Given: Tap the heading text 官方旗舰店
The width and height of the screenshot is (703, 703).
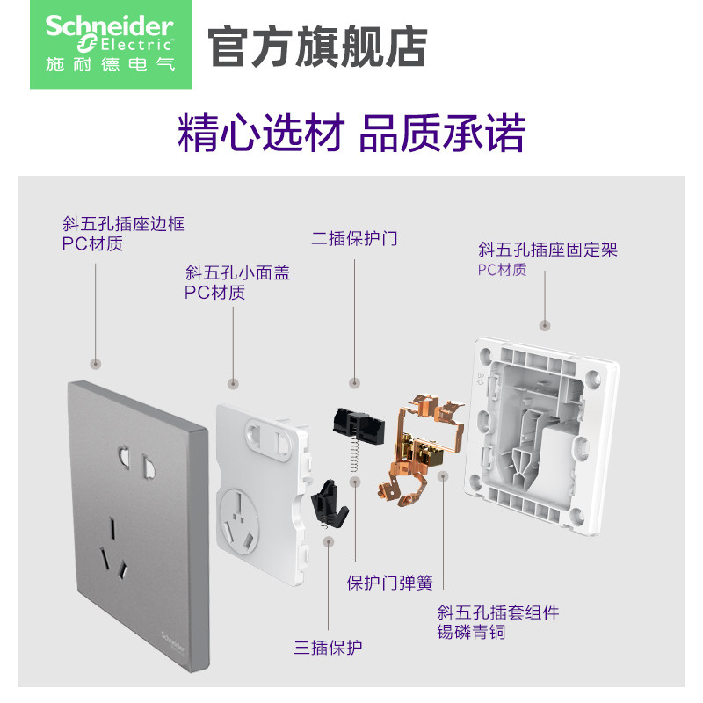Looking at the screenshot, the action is click(x=317, y=47).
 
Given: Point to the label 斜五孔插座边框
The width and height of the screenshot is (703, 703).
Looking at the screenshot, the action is click(x=122, y=224).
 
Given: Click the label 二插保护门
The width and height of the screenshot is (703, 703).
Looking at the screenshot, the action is click(x=354, y=238).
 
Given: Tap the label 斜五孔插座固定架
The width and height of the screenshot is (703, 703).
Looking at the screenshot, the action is click(x=547, y=250).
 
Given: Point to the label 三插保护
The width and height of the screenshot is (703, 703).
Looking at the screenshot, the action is click(x=329, y=648).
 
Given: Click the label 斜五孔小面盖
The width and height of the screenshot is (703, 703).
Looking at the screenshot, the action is click(x=237, y=273).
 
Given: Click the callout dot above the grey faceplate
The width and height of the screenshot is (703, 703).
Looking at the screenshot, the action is click(x=97, y=363).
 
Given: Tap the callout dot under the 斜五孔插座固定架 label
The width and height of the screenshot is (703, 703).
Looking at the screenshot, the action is click(x=547, y=323).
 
